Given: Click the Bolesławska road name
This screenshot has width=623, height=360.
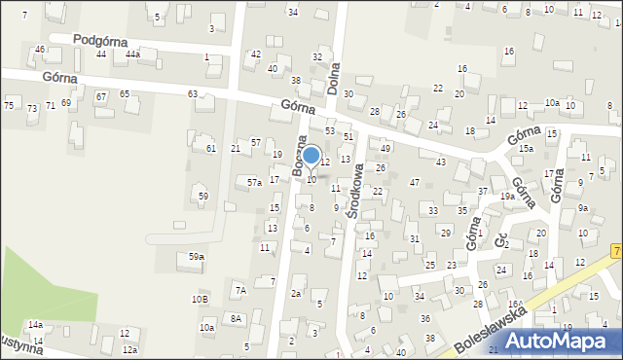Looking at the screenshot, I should point(492,333).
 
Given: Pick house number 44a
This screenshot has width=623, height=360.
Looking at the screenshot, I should point(132,54).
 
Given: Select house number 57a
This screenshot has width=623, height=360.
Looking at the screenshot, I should point(254,182).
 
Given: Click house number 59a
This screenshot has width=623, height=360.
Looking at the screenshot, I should point(197,256).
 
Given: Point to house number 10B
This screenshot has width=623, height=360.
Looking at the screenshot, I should point(200,299).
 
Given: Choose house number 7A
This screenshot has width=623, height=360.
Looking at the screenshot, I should point(240,290).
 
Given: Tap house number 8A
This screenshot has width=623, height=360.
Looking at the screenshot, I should point(236,318).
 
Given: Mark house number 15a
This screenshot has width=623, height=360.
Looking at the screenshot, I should point(526,148).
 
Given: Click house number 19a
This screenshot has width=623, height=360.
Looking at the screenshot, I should point(507,196).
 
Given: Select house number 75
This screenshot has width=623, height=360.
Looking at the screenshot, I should point(9,105).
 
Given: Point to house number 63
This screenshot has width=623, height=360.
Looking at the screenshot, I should point(193,93).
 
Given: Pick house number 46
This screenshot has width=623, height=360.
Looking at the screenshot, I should point(40,49).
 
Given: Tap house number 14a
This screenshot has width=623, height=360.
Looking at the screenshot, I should point(35,324).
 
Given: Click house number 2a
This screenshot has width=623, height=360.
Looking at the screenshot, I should point(296,293).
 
